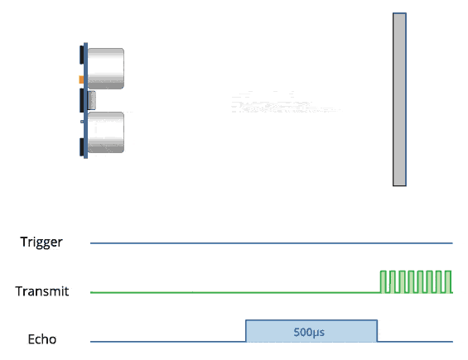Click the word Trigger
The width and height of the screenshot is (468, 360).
pos(41,242)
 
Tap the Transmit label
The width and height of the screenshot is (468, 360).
pos(42,291)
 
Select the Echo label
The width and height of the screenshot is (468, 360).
pos(42,339)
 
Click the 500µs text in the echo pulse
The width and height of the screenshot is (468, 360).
pos(309,332)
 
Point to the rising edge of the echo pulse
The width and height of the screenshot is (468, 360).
pos(246,331)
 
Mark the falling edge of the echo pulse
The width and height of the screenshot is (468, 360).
pos(377,331)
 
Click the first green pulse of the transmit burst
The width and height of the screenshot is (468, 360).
pos(384,282)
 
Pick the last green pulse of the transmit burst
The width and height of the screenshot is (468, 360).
pos(448,282)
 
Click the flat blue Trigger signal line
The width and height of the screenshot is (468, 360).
pos(272,243)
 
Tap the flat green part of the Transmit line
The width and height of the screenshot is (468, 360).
pos(235,292)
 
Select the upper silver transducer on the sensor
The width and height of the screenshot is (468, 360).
pos(106,69)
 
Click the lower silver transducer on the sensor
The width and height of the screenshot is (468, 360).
pos(106,132)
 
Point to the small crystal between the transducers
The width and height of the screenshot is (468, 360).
pos(91,100)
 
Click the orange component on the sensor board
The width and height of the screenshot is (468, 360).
pos(81,79)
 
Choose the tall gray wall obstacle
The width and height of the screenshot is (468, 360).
pos(399,99)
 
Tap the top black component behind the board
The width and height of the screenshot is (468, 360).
pos(81,55)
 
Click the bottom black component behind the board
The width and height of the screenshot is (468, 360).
pos(81,147)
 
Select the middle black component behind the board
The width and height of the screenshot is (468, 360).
pos(81,100)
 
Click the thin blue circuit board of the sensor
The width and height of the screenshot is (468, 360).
pos(85,100)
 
